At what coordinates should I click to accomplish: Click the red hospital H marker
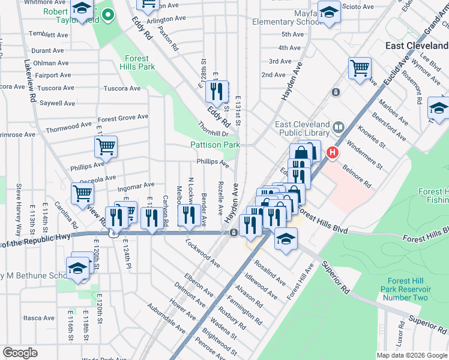[x=331, y=154]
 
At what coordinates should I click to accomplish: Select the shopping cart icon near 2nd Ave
[x=360, y=68]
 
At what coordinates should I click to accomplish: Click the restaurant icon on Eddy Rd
[x=215, y=91]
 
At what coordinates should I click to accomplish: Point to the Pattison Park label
[x=215, y=145]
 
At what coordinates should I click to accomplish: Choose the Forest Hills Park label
[x=137, y=62]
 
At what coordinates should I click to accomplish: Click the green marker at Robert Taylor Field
[x=108, y=15]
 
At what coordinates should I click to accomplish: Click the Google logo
[x=20, y=353]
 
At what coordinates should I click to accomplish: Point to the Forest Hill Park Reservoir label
[x=407, y=289]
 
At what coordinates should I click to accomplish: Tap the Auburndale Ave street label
[x=167, y=319]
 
